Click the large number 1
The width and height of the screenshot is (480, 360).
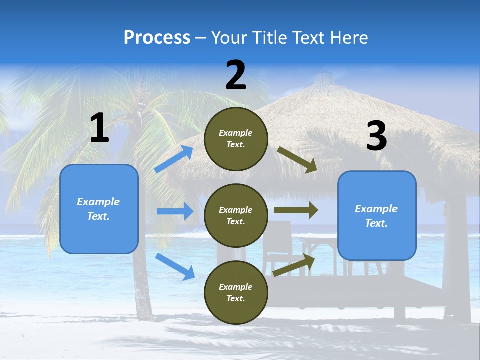click(x=99, y=128)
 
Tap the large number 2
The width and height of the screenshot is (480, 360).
click(x=236, y=75)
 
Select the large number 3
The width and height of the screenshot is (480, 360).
click(x=376, y=136)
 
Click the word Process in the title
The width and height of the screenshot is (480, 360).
click(x=157, y=37)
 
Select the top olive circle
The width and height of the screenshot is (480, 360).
click(x=236, y=139)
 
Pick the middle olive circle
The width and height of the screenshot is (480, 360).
click(x=236, y=215)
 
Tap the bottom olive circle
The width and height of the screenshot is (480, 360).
click(x=236, y=292)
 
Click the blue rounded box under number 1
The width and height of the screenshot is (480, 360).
click(x=99, y=209)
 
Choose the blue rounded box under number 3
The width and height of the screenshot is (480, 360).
click(x=376, y=215)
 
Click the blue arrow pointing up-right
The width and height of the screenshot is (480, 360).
click(x=173, y=159)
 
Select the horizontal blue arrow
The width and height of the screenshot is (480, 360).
click(x=175, y=211)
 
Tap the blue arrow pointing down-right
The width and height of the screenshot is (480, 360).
click(x=175, y=266)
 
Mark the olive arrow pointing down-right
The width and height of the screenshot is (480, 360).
click(x=297, y=160)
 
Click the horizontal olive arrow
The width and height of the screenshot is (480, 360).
click(x=296, y=210)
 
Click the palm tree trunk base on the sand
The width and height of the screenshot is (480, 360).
click(x=144, y=315)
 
